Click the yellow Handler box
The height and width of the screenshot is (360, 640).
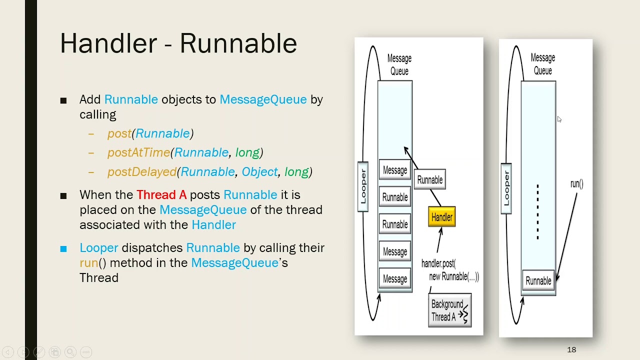click(x=441, y=217)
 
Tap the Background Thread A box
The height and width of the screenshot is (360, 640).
click(x=449, y=310)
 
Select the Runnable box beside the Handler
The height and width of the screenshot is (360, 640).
click(x=430, y=179)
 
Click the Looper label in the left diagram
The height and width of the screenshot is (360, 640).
click(x=363, y=186)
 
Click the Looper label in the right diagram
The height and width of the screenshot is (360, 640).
click(x=506, y=188)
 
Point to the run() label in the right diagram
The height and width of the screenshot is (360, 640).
click(x=576, y=184)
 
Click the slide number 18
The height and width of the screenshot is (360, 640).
click(x=571, y=349)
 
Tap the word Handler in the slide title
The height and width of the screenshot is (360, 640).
click(x=108, y=43)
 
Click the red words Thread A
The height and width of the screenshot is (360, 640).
click(x=161, y=195)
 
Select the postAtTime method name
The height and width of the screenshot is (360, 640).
click(x=138, y=152)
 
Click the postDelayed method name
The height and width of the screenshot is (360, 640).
click(x=142, y=172)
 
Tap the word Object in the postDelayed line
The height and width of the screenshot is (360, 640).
click(x=259, y=172)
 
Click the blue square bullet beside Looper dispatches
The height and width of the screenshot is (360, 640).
click(x=63, y=248)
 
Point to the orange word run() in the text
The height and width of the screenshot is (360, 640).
click(x=92, y=263)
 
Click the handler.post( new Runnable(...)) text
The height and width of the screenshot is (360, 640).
click(x=449, y=270)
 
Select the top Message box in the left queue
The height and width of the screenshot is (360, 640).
click(x=394, y=170)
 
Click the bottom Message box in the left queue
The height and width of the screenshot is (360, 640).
click(x=394, y=279)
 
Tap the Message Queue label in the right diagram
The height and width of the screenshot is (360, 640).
click(x=542, y=64)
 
